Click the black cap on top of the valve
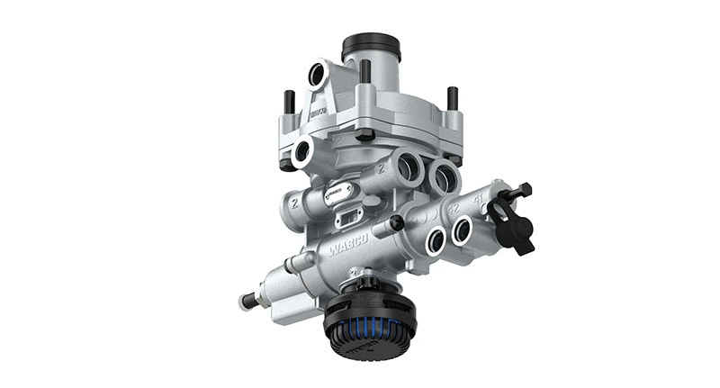tap(371, 48)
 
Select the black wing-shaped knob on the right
tap(514, 225)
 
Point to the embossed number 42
tap(454, 206)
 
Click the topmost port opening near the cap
tap(316, 75)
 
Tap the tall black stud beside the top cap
tap(365, 72)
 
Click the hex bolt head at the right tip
tap(525, 190)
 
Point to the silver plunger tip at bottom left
tap(246, 302)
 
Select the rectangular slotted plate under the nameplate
tap(348, 217)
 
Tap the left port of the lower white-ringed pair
tap(435, 239)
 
